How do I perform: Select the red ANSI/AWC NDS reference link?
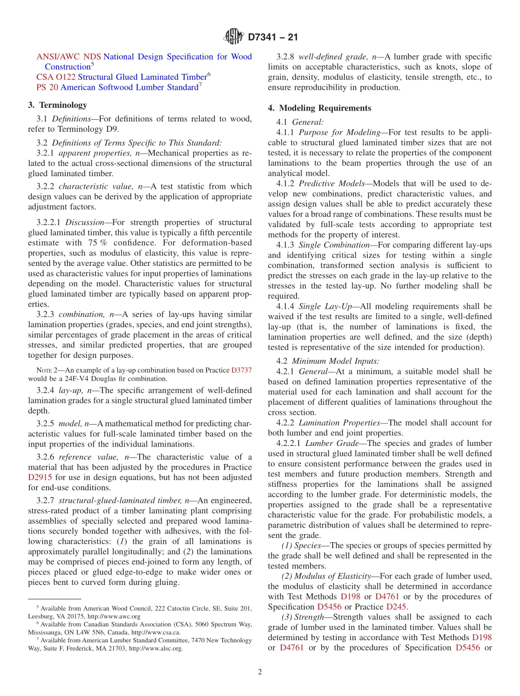pyautogui.click(x=68, y=57)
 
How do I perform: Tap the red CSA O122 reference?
pyautogui.click(x=56, y=77)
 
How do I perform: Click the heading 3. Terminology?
pyautogui.click(x=57, y=105)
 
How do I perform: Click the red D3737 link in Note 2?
pyautogui.click(x=241, y=370)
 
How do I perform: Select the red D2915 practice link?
pyautogui.click(x=40, y=478)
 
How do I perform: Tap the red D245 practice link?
pyautogui.click(x=396, y=607)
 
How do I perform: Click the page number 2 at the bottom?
pyautogui.click(x=260, y=672)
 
